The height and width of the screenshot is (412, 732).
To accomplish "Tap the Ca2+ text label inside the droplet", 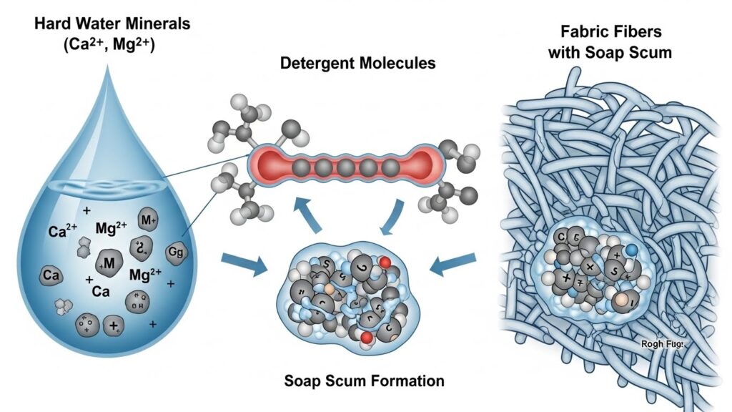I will pyautogui.click(x=61, y=231).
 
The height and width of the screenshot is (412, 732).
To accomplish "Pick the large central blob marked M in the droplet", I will pyautogui.click(x=109, y=264).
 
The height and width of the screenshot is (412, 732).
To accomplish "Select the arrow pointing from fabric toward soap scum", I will pyautogui.click(x=452, y=265).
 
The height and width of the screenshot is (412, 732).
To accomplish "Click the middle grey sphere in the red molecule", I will pyautogui.click(x=347, y=168).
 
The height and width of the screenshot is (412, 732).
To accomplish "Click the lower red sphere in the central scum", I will pyautogui.click(x=367, y=336).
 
